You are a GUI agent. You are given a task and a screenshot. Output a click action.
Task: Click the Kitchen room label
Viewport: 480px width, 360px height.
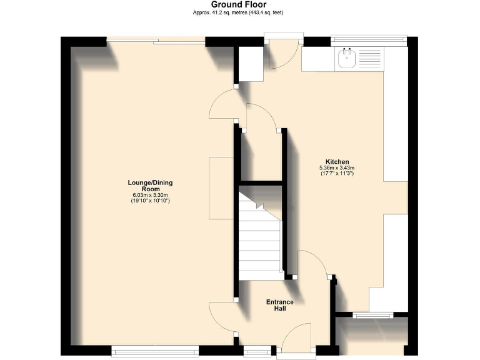337,161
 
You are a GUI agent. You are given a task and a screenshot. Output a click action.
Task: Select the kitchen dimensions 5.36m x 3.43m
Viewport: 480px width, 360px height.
337,167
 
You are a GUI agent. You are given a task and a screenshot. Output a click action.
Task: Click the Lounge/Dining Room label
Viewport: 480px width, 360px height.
150,186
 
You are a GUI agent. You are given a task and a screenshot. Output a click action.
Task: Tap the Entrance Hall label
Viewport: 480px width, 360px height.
279,305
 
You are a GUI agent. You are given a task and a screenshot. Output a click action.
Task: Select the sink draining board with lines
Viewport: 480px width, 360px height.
369,60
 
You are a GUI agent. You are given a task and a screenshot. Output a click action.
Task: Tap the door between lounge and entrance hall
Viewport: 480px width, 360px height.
222,316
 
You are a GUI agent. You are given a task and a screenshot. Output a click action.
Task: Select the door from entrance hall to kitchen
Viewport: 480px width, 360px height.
312,262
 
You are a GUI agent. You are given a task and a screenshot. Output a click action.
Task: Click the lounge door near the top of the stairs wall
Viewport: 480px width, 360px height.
222,103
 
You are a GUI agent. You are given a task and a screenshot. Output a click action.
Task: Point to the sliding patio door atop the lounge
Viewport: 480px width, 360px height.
156,41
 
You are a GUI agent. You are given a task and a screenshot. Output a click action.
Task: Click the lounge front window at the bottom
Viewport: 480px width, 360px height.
154,349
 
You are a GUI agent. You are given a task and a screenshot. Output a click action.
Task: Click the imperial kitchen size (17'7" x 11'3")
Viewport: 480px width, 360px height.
337,174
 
